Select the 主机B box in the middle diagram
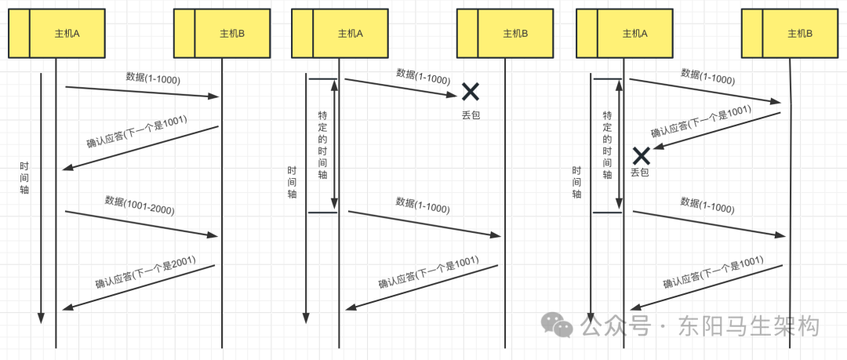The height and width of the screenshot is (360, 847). coord(514,33)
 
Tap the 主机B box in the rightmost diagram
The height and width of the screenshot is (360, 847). coord(798,33)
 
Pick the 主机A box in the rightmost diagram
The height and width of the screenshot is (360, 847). coord(634,33)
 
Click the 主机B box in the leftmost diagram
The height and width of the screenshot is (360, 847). coord(232,33)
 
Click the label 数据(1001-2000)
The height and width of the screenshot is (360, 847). coord(140,205)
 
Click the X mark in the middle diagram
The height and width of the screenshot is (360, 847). coord(470,92)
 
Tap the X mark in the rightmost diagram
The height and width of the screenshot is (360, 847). coord(642,155)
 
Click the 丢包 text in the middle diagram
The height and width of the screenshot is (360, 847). coord(471,115)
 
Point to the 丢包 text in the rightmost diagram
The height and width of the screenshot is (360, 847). coord(640,172)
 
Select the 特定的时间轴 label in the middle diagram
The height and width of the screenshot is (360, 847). coord(322,145)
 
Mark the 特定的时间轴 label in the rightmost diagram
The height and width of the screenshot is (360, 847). coord(607,145)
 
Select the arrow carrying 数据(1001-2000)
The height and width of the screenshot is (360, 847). coord(141,224)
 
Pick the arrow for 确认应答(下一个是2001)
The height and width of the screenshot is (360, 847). coord(138,287)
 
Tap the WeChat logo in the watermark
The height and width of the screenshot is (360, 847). coord(561,325)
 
